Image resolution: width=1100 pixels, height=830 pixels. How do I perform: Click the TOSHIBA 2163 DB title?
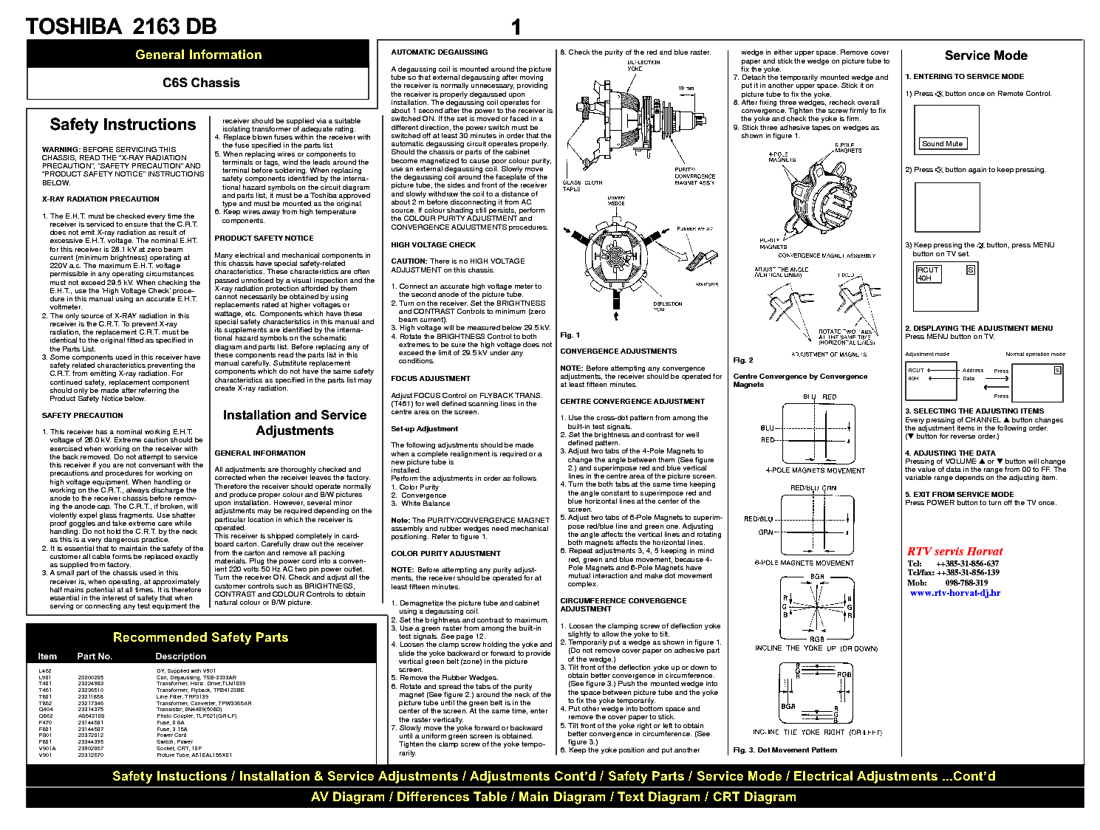[121, 27]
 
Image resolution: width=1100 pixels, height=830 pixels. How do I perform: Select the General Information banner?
[198, 55]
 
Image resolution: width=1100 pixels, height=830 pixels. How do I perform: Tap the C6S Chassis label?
[201, 83]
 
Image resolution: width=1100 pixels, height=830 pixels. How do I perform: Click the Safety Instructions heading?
[123, 124]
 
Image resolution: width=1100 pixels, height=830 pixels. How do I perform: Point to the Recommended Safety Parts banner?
[200, 637]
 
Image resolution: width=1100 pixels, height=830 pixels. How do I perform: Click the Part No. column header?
[95, 656]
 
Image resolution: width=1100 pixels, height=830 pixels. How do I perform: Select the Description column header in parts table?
[180, 656]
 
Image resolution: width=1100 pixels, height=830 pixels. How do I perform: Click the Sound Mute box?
[942, 144]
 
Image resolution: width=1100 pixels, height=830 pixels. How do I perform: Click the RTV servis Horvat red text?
[954, 551]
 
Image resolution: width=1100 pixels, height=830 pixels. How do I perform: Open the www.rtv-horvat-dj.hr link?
[954, 592]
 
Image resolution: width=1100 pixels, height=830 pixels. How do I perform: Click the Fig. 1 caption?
[570, 335]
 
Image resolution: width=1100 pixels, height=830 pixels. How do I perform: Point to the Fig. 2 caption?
[742, 360]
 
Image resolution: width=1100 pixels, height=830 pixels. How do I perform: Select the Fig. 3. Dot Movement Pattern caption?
[785, 750]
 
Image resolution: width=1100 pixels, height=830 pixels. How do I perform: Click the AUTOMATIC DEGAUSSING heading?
[439, 52]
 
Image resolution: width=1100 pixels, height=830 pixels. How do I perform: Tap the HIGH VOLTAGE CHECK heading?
[433, 244]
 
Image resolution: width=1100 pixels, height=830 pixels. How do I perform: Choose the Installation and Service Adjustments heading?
[294, 422]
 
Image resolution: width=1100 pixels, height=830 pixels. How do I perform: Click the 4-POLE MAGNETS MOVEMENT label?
[815, 470]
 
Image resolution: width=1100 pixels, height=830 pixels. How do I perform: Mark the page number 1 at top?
[516, 28]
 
